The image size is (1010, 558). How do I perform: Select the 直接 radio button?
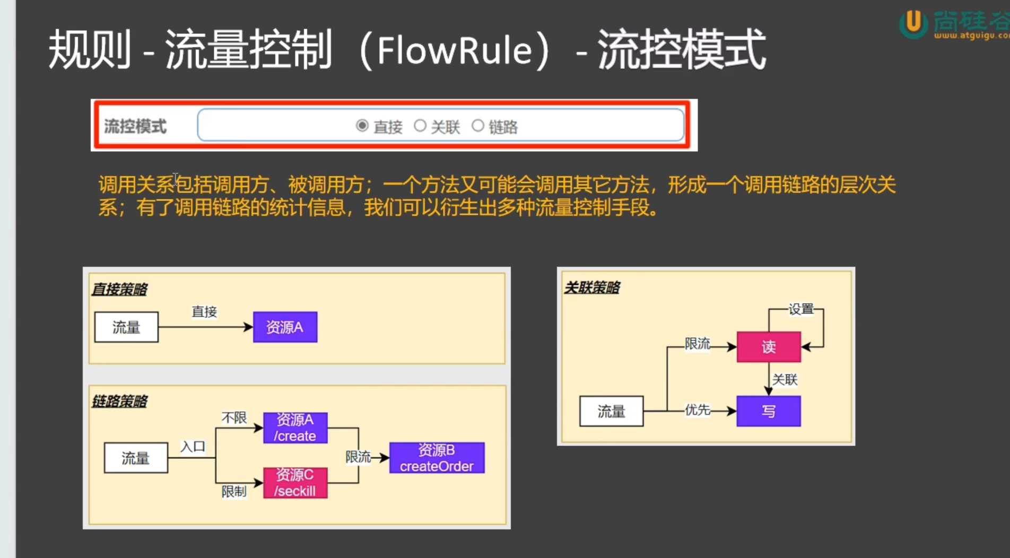[x=362, y=126]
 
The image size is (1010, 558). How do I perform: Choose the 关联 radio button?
[x=420, y=126]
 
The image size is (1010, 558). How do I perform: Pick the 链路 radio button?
[x=478, y=126]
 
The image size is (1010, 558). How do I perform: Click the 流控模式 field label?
[x=135, y=127]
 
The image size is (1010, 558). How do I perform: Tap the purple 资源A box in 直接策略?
[x=285, y=327]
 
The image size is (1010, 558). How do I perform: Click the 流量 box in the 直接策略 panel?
[x=126, y=327]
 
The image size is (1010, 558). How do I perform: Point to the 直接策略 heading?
[x=119, y=289]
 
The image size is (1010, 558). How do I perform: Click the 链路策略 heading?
[x=119, y=401]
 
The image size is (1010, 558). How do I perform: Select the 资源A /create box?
[x=295, y=428]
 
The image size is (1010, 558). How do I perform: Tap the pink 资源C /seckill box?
[x=295, y=483]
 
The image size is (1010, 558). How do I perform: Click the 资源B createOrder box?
[x=437, y=458]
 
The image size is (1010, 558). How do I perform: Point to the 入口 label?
[x=193, y=447]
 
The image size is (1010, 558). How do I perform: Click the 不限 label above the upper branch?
[x=234, y=418]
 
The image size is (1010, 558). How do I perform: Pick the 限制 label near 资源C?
[x=234, y=492]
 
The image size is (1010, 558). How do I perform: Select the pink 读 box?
[x=769, y=347]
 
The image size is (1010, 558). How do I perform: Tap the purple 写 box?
[x=769, y=411]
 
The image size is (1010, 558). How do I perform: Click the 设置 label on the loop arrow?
[x=801, y=309]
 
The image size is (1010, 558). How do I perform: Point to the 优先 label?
[x=697, y=409]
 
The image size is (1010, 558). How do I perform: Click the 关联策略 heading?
[x=592, y=287]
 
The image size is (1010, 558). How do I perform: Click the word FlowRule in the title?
[x=455, y=51]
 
